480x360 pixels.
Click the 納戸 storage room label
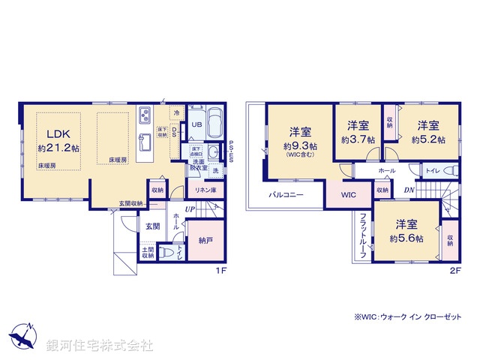(x=206, y=241)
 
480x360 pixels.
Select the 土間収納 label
(x=148, y=252)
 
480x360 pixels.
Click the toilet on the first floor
(x=172, y=254)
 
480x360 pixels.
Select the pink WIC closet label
(x=348, y=195)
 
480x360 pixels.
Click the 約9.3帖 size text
(x=298, y=146)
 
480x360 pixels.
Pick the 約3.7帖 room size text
(x=356, y=139)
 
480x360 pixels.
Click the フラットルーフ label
(x=363, y=233)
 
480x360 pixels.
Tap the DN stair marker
(x=408, y=191)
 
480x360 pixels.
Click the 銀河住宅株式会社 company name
(x=100, y=345)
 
